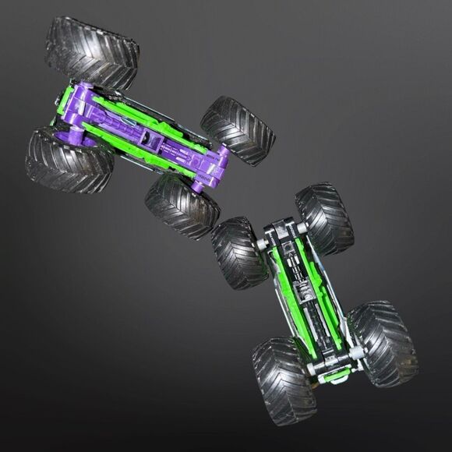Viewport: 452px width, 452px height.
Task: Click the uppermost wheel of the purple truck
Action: [92, 49]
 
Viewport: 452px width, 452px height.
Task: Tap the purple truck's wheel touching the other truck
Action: [182, 205]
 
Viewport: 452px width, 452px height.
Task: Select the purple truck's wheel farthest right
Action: [238, 130]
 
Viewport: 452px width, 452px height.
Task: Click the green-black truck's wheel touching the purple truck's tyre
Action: [239, 253]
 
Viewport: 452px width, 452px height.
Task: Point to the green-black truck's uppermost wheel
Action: [324, 218]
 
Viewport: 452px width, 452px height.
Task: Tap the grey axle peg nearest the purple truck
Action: [261, 247]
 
